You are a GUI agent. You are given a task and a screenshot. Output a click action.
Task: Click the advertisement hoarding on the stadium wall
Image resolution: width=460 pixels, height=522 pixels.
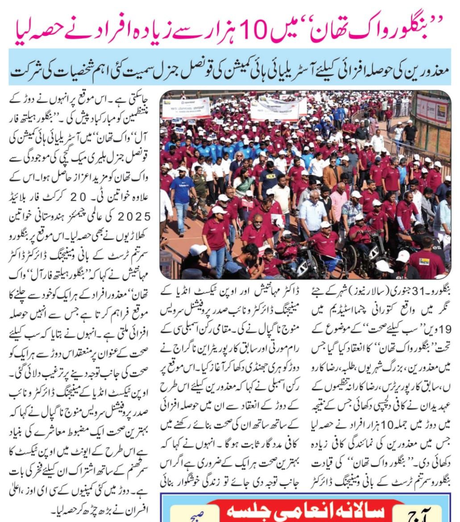[431, 109]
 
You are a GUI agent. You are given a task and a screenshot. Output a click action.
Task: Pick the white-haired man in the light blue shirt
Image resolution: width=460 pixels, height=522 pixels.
[313, 213]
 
